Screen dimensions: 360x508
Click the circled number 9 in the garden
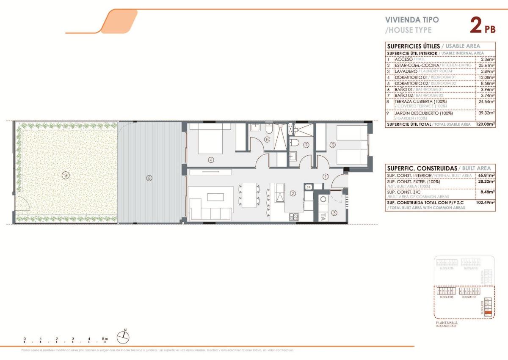[x=65, y=175]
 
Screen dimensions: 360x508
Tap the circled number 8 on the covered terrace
[x=149, y=178]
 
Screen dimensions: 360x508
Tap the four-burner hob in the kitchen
[x=294, y=217]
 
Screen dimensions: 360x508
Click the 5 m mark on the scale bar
[x=105, y=339]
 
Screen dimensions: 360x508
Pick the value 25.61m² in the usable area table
[x=485, y=66]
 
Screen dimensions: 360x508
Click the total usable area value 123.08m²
[x=483, y=124]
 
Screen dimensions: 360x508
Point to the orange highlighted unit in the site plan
[x=488, y=312]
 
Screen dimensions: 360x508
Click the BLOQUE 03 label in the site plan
[x=446, y=297]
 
